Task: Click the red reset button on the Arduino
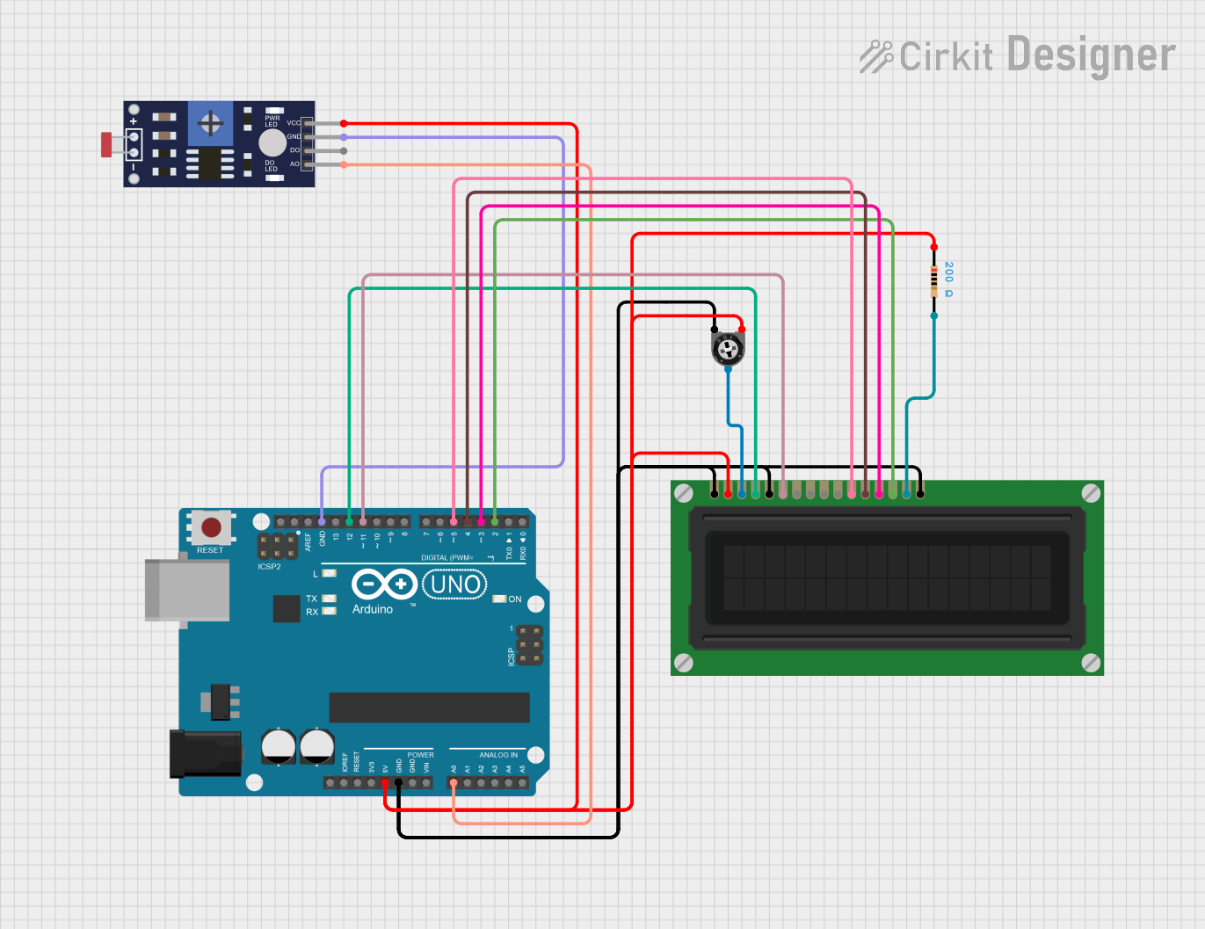point(211,527)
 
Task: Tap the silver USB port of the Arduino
point(187,590)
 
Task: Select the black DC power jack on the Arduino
point(205,753)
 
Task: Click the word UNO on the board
point(455,584)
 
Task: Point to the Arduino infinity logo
point(383,584)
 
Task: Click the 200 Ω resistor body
point(934,281)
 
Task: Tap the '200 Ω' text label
point(949,279)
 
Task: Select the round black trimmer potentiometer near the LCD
point(728,349)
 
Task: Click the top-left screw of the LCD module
point(684,493)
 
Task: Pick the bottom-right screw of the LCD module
point(1091,663)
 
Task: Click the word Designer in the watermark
point(1091,55)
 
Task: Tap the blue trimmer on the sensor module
point(211,123)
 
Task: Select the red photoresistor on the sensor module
point(106,144)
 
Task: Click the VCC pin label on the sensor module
point(293,123)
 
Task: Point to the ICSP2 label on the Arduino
point(269,567)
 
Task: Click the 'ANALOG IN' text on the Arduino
point(498,755)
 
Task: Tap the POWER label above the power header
point(420,755)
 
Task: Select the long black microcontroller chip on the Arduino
point(429,708)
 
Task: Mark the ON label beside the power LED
point(515,599)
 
